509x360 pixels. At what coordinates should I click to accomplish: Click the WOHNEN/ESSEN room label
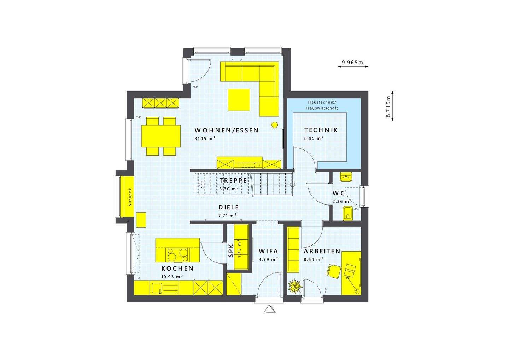click(227, 130)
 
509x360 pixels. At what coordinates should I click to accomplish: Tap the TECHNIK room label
click(321, 130)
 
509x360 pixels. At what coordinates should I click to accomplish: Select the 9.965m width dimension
click(353, 63)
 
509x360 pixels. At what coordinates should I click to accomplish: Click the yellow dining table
click(161, 136)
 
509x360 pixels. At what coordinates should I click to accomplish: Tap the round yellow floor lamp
click(274, 124)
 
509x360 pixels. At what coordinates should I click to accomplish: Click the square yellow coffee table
click(239, 100)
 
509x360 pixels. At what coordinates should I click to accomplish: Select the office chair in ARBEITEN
click(333, 270)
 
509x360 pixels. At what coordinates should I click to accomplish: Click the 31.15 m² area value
click(205, 138)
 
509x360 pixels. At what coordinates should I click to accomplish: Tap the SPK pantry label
click(230, 250)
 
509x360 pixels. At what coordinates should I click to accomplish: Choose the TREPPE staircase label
click(233, 181)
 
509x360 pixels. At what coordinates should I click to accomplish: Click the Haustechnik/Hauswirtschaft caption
click(322, 105)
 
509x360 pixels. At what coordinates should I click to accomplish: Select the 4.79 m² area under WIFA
click(268, 259)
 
